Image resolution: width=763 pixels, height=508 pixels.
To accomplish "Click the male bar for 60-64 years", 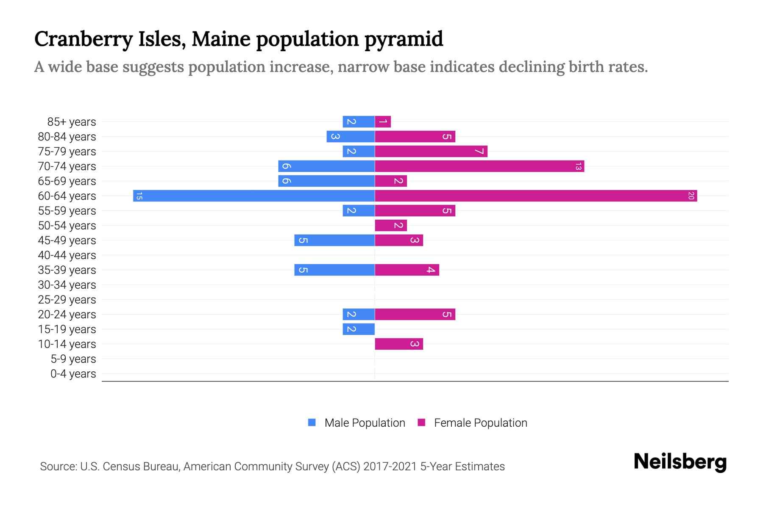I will (254, 196).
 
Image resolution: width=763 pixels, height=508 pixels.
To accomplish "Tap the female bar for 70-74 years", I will (479, 166).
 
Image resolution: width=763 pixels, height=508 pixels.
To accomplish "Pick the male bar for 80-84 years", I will (351, 137).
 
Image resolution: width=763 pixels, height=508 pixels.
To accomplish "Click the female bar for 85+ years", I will (383, 122).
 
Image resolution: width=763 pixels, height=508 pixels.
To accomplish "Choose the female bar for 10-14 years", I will (398, 344).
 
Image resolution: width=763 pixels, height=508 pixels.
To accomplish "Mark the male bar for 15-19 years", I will (359, 329).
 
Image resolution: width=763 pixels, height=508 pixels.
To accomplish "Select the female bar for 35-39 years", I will (407, 270).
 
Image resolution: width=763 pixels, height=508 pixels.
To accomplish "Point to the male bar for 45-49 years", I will (335, 240).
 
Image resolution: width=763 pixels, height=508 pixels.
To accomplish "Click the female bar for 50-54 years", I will (391, 226).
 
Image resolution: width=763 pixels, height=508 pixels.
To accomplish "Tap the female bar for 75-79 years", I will (431, 152).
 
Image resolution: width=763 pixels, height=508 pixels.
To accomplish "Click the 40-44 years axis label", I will (67, 255).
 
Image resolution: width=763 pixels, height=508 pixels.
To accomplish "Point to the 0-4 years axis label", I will (73, 374).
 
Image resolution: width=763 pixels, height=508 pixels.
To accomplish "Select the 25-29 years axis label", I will (67, 300).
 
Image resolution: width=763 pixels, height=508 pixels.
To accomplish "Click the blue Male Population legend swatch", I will (312, 422).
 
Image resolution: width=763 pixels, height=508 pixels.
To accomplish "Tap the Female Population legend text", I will (480, 422).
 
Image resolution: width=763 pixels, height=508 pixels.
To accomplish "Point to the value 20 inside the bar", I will (691, 196).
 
